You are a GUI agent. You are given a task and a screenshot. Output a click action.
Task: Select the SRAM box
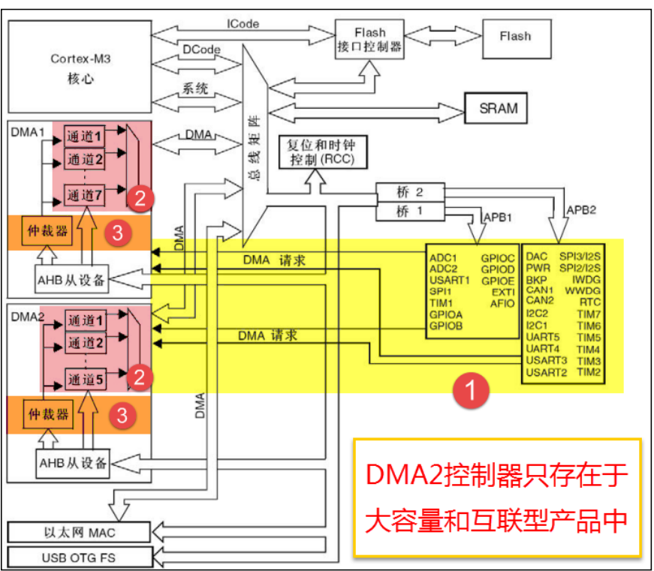click(499, 107)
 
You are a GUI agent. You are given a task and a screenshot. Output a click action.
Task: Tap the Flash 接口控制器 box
click(369, 41)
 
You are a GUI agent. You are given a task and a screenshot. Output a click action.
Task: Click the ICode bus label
click(243, 24)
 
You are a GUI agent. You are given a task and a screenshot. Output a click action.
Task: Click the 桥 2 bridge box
click(410, 192)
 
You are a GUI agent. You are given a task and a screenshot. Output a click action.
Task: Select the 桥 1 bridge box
click(410, 212)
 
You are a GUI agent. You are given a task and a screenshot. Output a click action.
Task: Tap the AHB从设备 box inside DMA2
click(73, 461)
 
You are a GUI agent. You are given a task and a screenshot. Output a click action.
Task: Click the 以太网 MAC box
click(74, 532)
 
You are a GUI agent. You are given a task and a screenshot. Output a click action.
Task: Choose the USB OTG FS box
click(74, 557)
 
